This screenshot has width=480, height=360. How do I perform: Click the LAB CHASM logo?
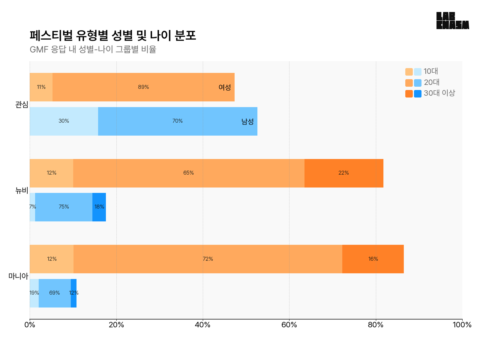(452, 21)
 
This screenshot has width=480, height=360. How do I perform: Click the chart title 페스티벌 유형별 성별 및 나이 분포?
(113, 35)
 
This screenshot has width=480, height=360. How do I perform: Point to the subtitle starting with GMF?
(93, 49)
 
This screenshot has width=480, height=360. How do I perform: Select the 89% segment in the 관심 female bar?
(143, 87)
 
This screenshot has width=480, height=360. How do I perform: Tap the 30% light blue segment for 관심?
(64, 121)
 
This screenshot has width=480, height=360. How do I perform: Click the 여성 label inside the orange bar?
(225, 87)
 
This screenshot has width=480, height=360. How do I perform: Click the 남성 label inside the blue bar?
(247, 121)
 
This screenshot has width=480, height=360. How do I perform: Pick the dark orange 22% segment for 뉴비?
(344, 173)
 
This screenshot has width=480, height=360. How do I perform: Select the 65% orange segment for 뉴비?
(189, 173)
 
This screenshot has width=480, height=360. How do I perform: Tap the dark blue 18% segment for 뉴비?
(99, 207)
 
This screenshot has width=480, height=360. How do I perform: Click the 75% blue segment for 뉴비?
(64, 207)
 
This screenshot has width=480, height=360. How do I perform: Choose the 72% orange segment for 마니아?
(208, 259)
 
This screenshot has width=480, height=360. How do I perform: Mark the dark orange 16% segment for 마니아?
(373, 259)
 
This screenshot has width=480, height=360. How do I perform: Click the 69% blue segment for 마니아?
(55, 293)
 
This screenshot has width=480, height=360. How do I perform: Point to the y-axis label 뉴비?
(22, 190)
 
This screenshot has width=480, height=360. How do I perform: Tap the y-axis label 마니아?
(18, 276)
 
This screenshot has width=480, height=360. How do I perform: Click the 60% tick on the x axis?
(289, 325)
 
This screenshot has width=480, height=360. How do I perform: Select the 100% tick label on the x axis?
(462, 325)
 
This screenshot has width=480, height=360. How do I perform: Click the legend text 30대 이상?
(439, 93)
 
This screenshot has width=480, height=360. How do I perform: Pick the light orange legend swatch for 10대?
(409, 72)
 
